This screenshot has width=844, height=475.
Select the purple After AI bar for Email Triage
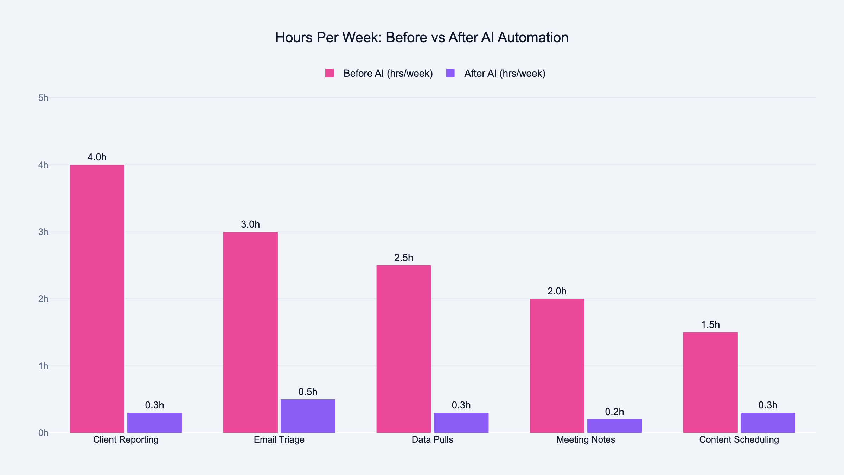pyautogui.click(x=308, y=416)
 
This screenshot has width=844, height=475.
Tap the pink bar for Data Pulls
pyautogui.click(x=404, y=349)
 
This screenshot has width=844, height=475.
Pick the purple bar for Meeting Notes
pyautogui.click(x=614, y=426)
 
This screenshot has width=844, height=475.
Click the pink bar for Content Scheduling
pyautogui.click(x=710, y=382)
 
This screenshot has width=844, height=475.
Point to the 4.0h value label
pyautogui.click(x=97, y=157)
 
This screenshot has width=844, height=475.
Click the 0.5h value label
pyautogui.click(x=308, y=392)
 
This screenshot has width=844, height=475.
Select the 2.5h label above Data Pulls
pyautogui.click(x=404, y=258)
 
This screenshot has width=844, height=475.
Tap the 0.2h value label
pyautogui.click(x=614, y=412)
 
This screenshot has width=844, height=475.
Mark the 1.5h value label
pyautogui.click(x=710, y=325)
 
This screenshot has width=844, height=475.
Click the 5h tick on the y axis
pyautogui.click(x=43, y=98)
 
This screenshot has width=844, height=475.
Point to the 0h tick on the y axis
pyautogui.click(x=43, y=433)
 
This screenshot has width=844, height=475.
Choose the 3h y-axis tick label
pyautogui.click(x=43, y=232)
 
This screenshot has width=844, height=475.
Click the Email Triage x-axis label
pyautogui.click(x=279, y=440)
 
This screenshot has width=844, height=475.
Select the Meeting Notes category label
pyautogui.click(x=586, y=440)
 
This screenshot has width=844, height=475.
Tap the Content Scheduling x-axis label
pyautogui.click(x=739, y=440)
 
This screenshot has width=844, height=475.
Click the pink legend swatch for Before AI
pyautogui.click(x=330, y=73)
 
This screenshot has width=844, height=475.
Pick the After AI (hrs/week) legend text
pyautogui.click(x=505, y=74)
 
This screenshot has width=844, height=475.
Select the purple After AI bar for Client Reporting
pyautogui.click(x=154, y=423)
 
